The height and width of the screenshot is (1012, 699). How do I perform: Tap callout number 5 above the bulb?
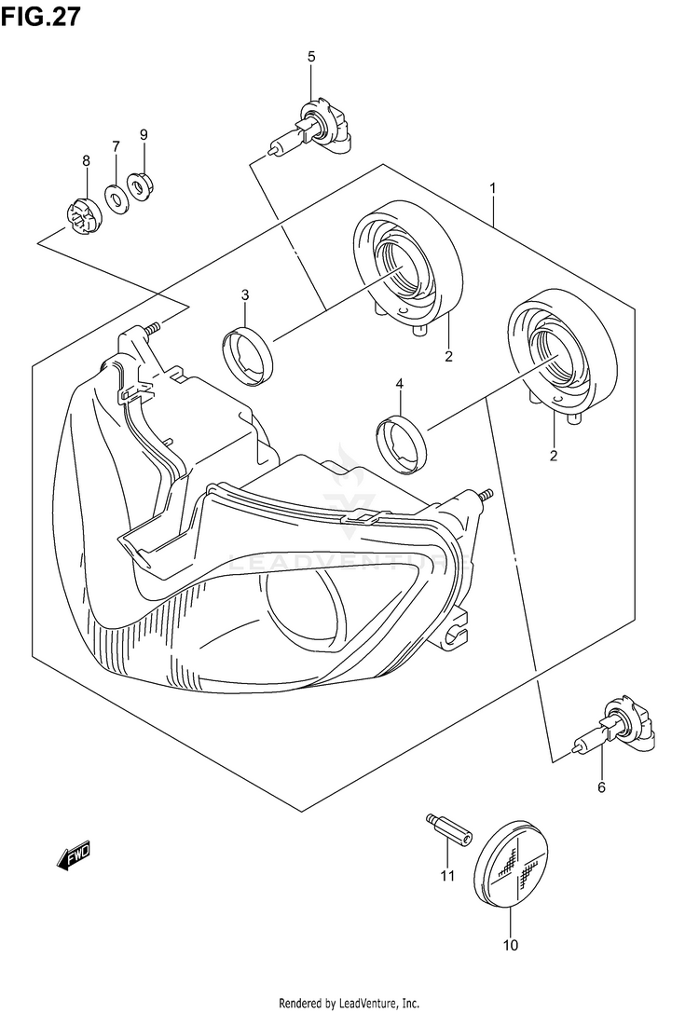[311, 57]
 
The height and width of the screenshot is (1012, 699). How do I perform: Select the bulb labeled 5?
[311, 131]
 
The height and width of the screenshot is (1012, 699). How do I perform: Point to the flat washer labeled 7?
[117, 198]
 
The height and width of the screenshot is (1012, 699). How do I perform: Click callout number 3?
[245, 295]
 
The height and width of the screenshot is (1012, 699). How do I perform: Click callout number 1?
[492, 188]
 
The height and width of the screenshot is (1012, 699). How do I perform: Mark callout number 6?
[601, 788]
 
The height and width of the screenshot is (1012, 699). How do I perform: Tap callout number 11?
[446, 875]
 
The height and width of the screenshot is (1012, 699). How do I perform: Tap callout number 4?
[399, 383]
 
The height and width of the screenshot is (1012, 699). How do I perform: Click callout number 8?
[86, 161]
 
